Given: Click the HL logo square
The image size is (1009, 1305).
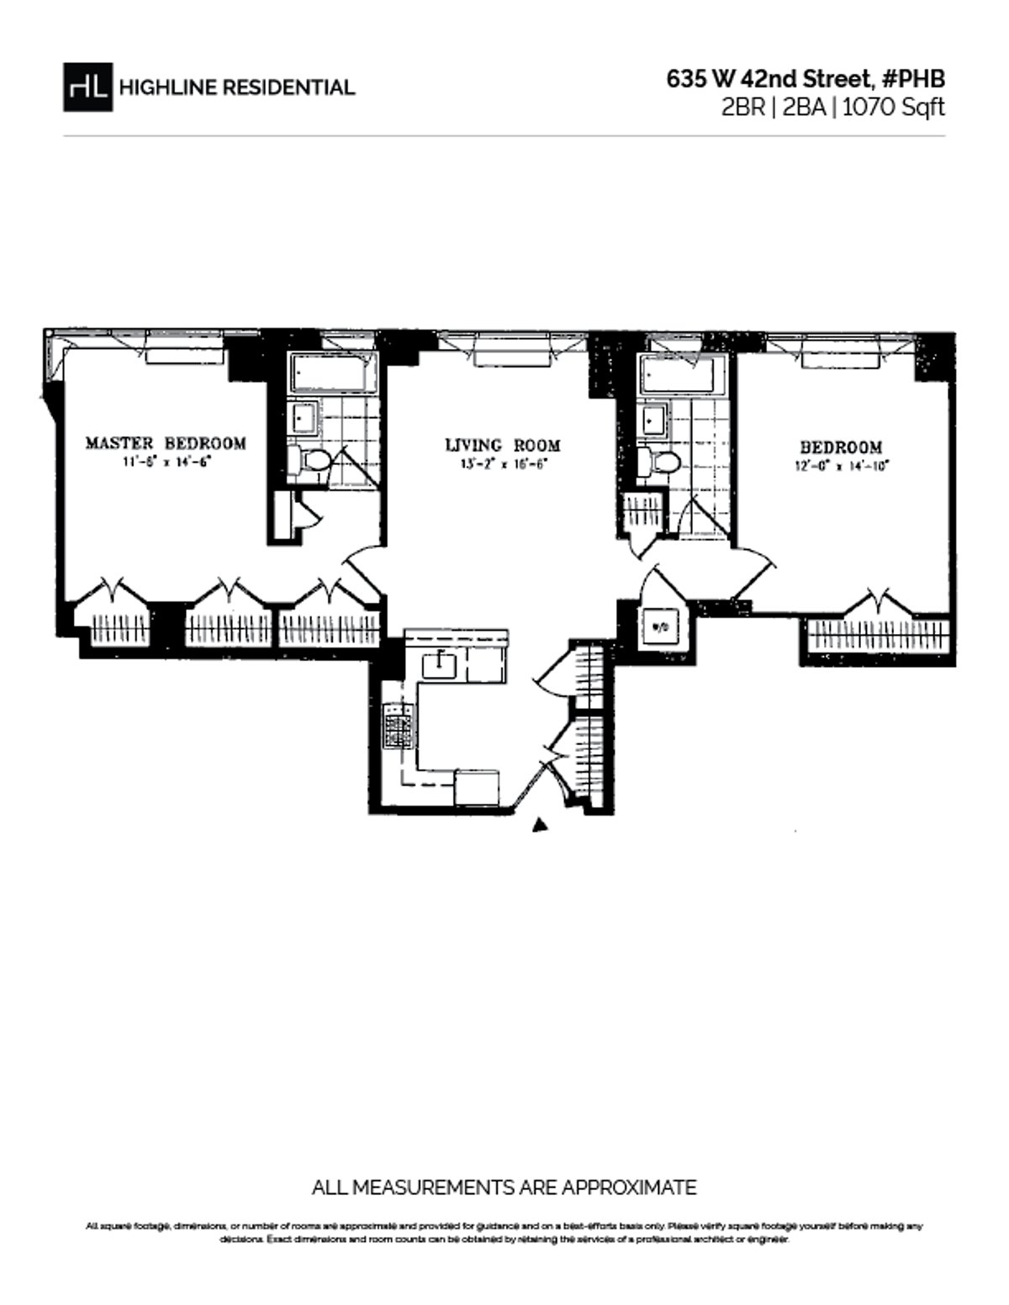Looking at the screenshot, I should point(87,87).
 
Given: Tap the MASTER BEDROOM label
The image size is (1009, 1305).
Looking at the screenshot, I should point(166,443).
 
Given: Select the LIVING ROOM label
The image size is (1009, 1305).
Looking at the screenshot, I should point(503,446).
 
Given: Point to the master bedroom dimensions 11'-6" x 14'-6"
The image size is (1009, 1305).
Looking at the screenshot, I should point(166,462).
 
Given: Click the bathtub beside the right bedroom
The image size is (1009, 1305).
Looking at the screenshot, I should point(682,374).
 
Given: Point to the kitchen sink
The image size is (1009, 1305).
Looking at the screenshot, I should point(439,664).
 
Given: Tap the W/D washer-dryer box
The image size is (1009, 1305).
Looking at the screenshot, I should point(661,626).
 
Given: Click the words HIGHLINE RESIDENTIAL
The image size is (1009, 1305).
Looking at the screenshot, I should point(237,87).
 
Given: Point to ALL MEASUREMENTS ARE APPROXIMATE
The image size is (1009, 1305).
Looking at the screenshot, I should point(504,1187).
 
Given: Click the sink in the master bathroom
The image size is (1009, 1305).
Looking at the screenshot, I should point(304,416).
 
